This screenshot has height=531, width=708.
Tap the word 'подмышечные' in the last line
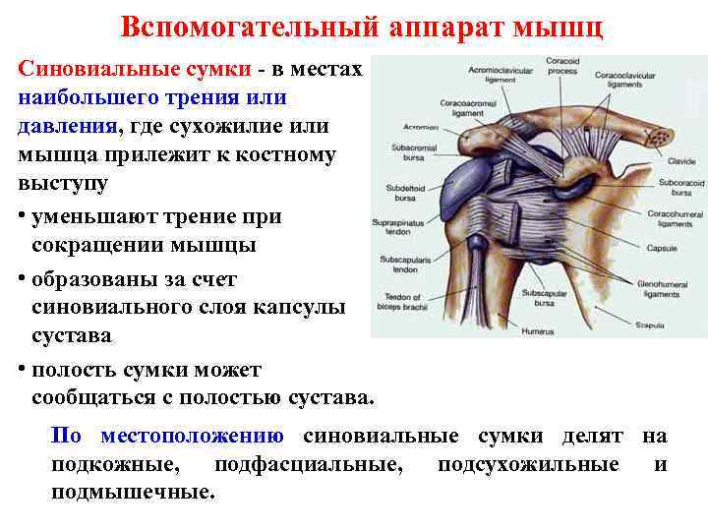pos(132,492)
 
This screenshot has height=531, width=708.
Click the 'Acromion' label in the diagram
pos(420,128)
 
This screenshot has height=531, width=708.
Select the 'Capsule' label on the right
pos(662,248)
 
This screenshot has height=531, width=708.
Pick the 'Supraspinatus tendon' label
pos(394,227)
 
